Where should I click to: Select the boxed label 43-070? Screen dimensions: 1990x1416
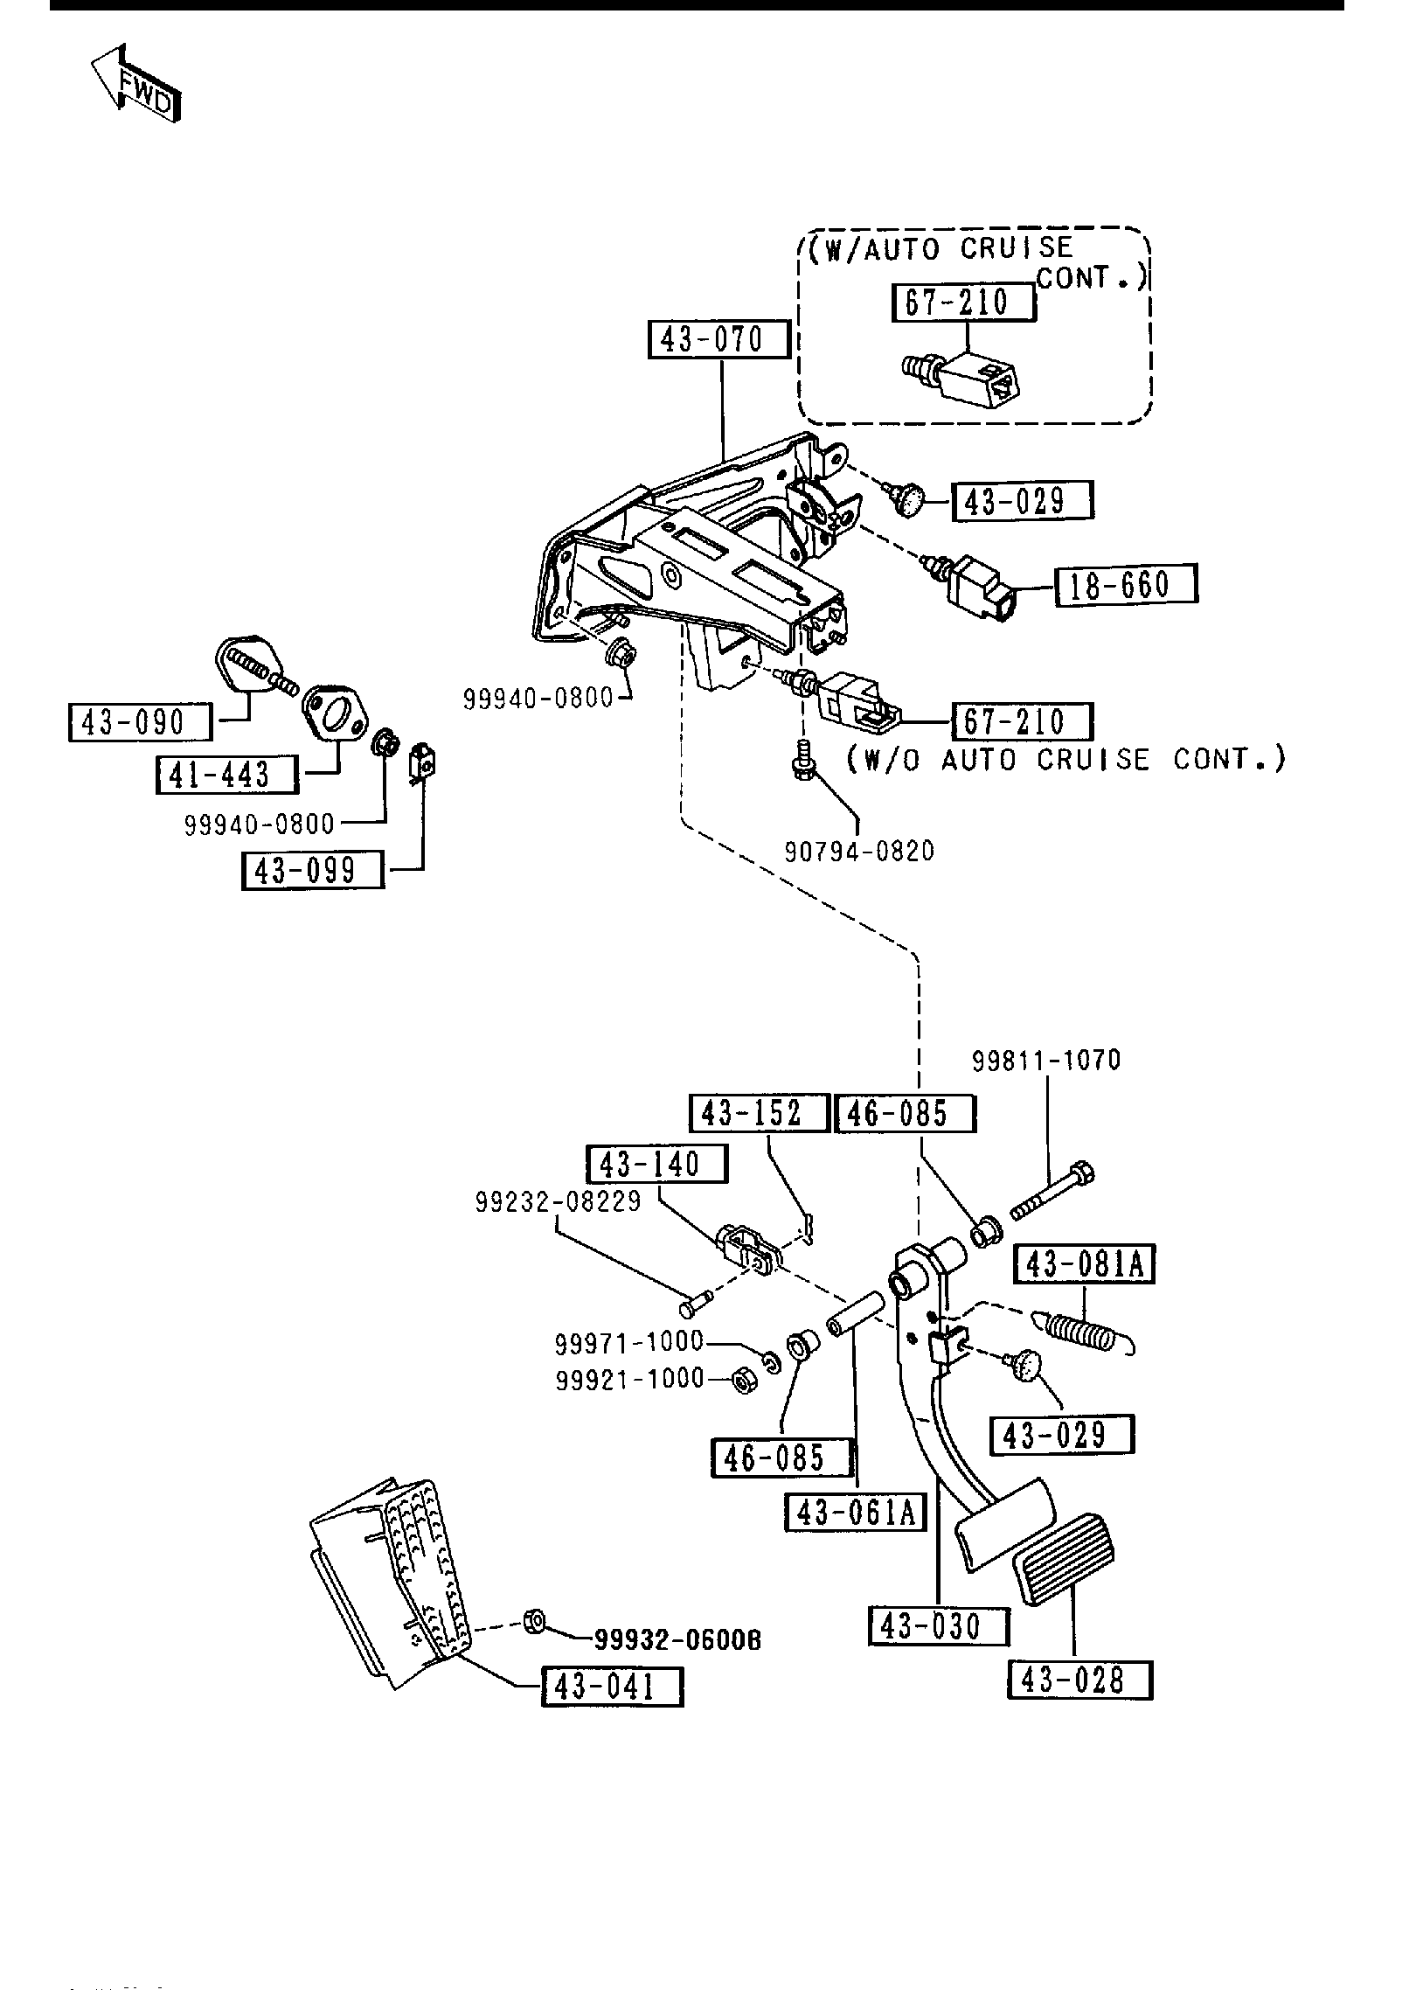(718, 339)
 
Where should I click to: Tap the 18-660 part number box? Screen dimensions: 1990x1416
(1126, 585)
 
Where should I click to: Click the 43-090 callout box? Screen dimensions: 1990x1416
(140, 722)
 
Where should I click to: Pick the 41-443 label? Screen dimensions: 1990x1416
(227, 775)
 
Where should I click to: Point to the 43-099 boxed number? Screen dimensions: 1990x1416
(312, 871)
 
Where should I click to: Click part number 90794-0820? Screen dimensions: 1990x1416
(858, 850)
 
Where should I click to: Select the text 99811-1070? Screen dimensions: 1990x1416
(1046, 1061)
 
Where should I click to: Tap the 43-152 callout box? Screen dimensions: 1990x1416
(760, 1113)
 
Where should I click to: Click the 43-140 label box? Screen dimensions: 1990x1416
(656, 1165)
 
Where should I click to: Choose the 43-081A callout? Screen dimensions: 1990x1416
(1084, 1265)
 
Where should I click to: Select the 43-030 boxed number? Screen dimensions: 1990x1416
(939, 1626)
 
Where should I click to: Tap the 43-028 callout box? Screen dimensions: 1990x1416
(1080, 1680)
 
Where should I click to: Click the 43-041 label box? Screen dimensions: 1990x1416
(612, 1687)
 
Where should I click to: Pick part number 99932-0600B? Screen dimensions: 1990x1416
(677, 1640)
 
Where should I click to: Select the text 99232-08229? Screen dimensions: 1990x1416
(559, 1202)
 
